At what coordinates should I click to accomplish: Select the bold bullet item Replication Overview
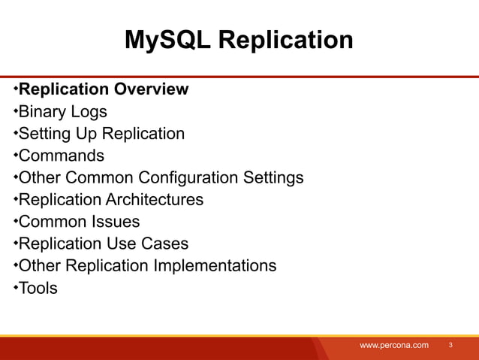[x=104, y=90]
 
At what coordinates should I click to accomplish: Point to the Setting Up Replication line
[x=101, y=134]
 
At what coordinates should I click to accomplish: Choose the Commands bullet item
[x=62, y=156]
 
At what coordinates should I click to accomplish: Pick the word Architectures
[x=155, y=200]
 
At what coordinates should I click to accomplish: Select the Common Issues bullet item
[x=79, y=222]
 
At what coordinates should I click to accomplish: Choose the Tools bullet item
[x=38, y=288]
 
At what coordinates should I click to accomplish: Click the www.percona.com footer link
[x=394, y=345]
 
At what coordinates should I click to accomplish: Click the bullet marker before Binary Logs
[x=15, y=111]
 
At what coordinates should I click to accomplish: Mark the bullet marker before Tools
[x=15, y=287]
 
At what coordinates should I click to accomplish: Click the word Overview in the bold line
[x=151, y=90]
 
